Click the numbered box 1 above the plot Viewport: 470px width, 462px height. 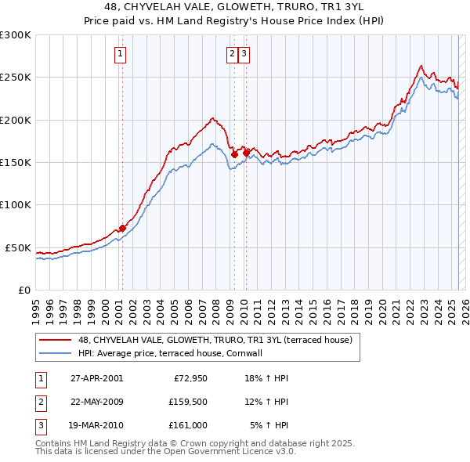pos(121,54)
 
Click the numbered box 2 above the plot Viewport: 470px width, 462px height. pos(233,54)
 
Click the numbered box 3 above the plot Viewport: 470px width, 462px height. pos(244,54)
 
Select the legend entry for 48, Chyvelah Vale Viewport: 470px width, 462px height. pos(215,341)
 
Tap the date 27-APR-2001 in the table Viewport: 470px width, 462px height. pos(97,378)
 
